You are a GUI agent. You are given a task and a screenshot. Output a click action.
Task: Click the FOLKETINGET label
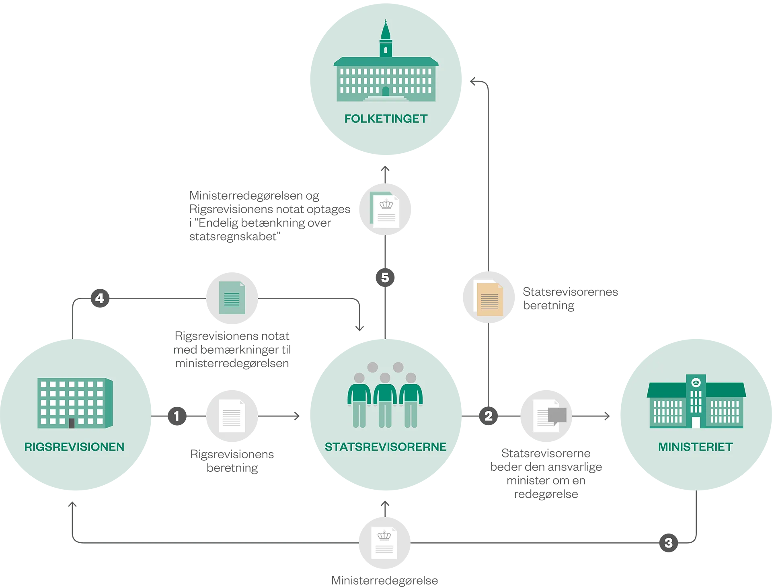pos(386,119)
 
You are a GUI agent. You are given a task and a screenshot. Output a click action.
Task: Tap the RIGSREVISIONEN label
pos(74,447)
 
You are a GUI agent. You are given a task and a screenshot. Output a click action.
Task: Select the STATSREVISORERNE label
pos(386,447)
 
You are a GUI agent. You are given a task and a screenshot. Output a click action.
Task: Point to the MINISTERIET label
pos(695,447)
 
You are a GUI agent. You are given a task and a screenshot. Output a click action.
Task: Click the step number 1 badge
pos(176,416)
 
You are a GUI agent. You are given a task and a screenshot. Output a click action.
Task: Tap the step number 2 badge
pos(488,416)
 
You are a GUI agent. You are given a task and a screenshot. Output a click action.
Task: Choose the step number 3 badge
pos(668,543)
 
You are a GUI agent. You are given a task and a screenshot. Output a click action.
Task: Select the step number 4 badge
pos(99,298)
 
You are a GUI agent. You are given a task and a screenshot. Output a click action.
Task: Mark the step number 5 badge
pos(385,278)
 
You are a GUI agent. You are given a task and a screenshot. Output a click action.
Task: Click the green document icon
pos(232,298)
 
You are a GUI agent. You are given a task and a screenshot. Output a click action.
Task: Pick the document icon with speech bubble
pos(549,416)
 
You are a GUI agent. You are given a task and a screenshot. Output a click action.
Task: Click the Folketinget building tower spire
pos(386,28)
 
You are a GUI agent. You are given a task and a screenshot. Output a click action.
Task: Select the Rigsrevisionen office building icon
pos(75,403)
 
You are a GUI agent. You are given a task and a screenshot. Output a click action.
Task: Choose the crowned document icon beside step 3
pos(384,543)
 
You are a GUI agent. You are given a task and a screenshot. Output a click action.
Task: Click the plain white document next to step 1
pos(232,416)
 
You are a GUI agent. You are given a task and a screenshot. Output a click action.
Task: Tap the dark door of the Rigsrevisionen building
pos(72,423)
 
